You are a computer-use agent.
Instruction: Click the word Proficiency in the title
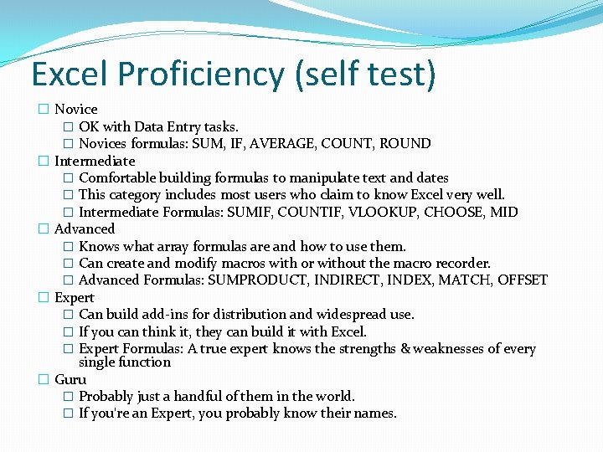coord(203,74)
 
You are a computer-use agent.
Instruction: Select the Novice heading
coord(76,109)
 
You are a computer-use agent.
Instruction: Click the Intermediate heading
coord(95,161)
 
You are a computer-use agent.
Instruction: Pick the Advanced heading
coord(85,229)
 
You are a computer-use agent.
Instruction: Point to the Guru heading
coord(70,379)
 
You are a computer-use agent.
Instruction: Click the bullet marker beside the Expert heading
coord(44,298)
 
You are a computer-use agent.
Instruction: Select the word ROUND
coord(405,143)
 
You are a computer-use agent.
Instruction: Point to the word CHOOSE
coord(455,212)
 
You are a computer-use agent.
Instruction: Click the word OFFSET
coord(523,280)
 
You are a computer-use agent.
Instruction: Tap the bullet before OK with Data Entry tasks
coord(68,127)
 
